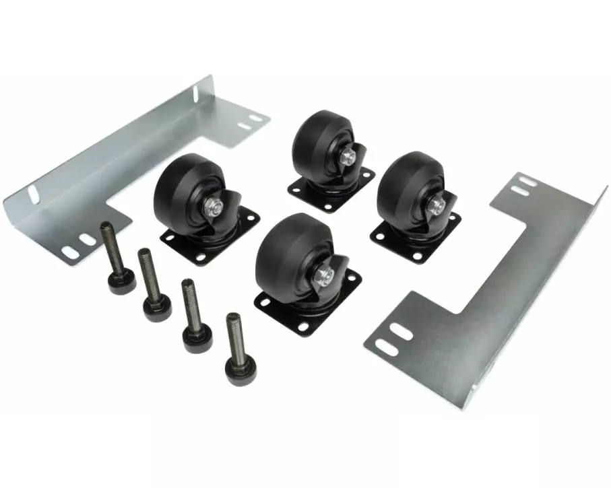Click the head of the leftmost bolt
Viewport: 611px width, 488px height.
(x=119, y=280)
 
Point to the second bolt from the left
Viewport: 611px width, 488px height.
(x=152, y=283)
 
